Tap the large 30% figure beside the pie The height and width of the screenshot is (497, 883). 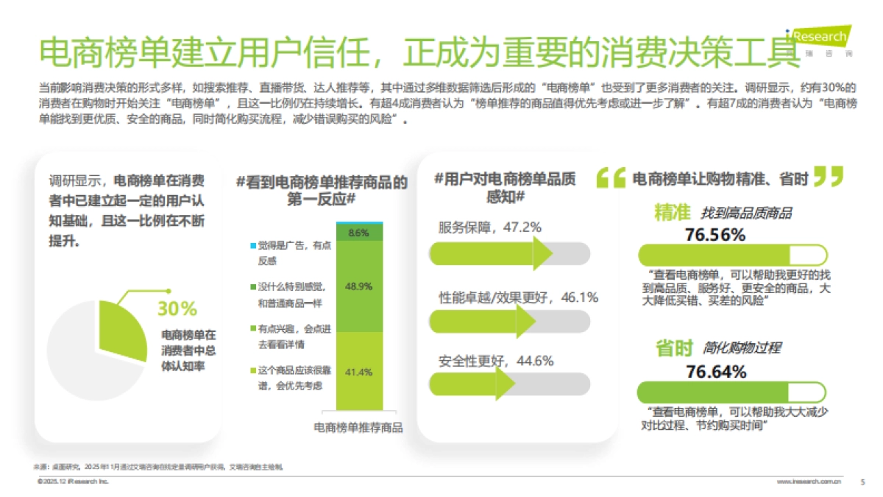coord(177,309)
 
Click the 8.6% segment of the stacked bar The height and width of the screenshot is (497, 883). coord(359,233)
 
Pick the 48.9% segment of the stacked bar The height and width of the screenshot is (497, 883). coord(359,286)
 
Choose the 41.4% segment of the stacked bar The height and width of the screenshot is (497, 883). coord(359,372)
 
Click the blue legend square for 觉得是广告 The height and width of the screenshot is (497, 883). coord(253,245)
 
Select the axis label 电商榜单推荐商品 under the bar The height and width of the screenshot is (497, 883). coord(358,427)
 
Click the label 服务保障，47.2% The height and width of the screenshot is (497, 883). coord(490,228)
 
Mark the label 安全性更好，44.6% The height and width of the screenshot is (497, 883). coord(496,362)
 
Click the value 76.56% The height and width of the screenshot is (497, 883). coord(715,236)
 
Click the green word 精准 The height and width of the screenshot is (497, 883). coord(673,213)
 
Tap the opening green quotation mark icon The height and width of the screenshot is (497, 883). coord(610,178)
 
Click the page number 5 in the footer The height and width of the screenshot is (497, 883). coord(862,482)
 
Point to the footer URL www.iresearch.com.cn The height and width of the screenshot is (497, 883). coord(809,482)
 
